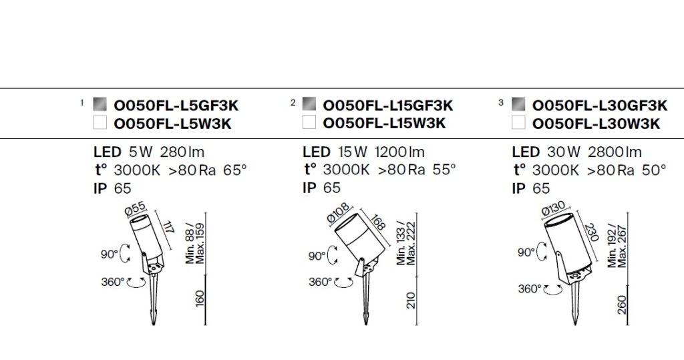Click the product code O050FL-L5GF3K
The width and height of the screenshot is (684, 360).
point(176,106)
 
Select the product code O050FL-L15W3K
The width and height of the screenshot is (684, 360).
point(384,124)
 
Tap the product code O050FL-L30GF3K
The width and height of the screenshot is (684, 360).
point(600,106)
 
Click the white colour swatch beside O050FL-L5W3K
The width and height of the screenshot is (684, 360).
point(100,123)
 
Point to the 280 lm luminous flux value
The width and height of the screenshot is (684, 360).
point(182,152)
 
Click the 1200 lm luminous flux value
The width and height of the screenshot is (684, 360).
point(399,152)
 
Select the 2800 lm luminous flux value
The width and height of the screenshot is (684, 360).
point(615,152)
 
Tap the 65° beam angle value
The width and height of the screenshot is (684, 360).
point(235,170)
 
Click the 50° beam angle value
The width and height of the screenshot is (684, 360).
point(655,170)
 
